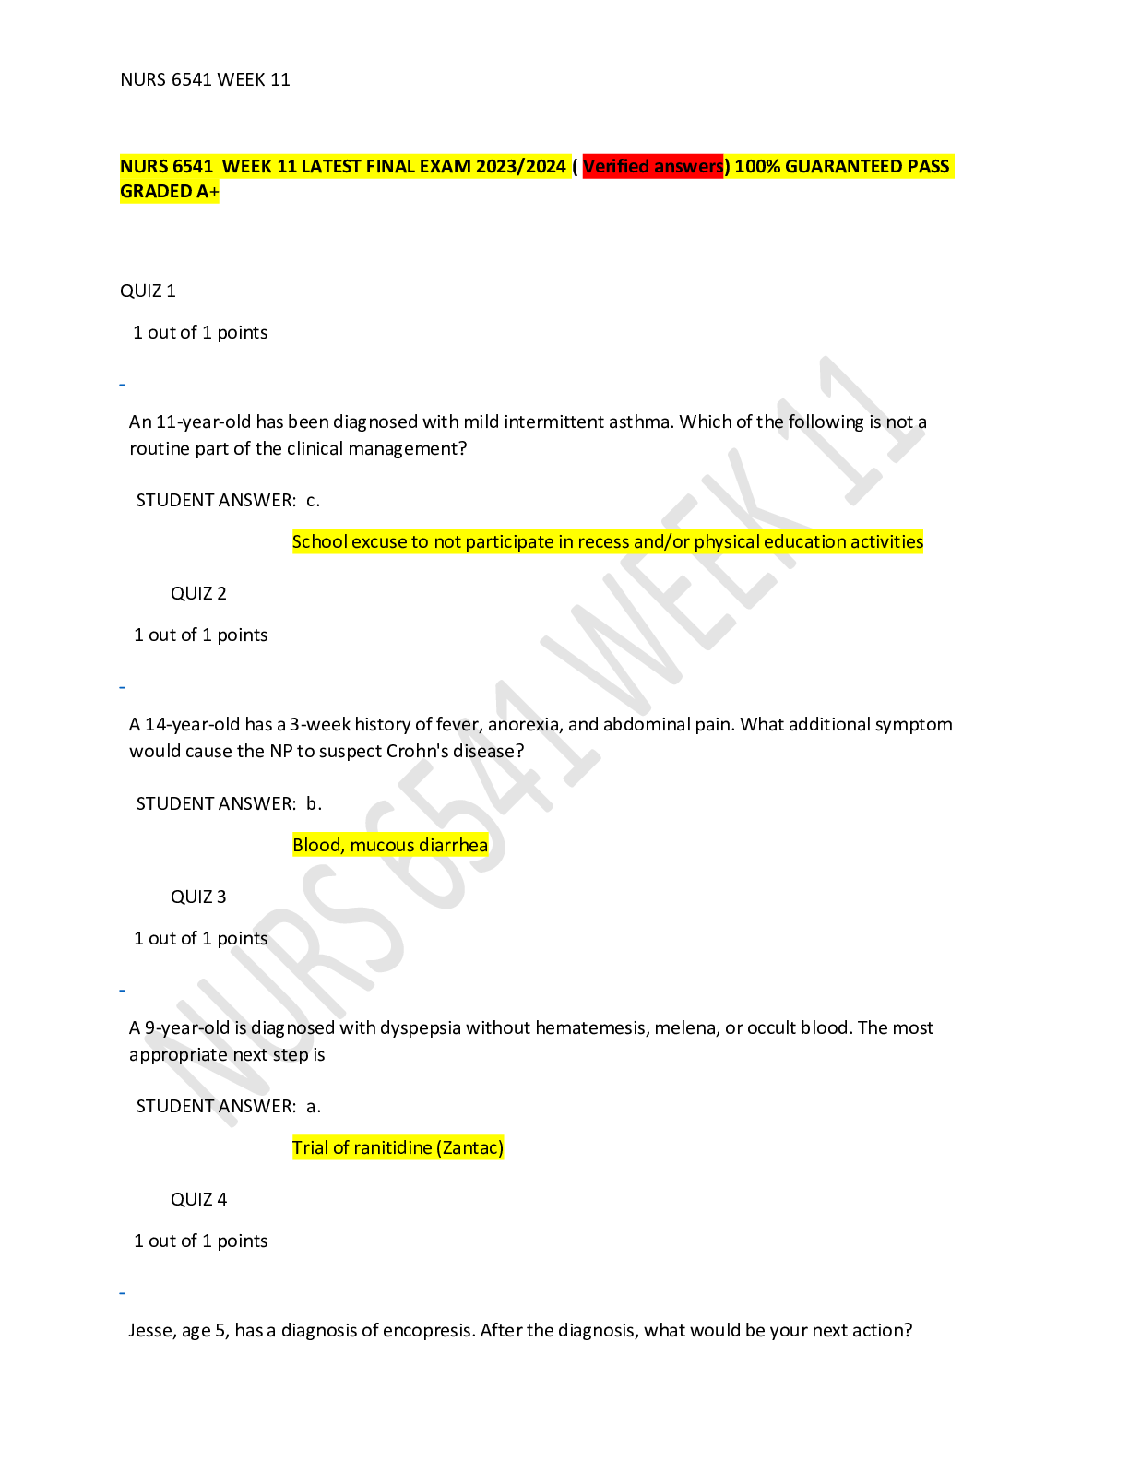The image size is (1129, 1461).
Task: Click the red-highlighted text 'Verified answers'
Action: (x=652, y=166)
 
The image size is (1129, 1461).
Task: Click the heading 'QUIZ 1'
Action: (x=148, y=291)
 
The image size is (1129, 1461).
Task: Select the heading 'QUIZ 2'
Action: (x=198, y=594)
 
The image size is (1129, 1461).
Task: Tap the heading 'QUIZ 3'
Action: (x=198, y=897)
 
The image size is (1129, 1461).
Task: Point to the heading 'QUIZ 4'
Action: (x=198, y=1199)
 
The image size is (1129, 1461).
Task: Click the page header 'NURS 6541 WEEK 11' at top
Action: (x=205, y=80)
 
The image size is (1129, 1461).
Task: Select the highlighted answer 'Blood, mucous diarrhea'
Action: (x=390, y=845)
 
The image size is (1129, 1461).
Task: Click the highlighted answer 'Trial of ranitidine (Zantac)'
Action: (x=398, y=1147)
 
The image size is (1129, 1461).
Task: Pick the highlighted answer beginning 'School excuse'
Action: (x=607, y=542)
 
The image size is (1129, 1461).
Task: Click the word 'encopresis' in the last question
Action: (x=426, y=1331)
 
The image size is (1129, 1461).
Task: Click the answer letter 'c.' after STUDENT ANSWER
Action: (x=313, y=501)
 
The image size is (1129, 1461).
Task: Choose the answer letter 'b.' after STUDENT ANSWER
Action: (x=314, y=803)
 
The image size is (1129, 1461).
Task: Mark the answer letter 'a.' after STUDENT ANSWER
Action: (x=314, y=1107)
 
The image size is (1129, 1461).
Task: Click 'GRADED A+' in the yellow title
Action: (x=170, y=192)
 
